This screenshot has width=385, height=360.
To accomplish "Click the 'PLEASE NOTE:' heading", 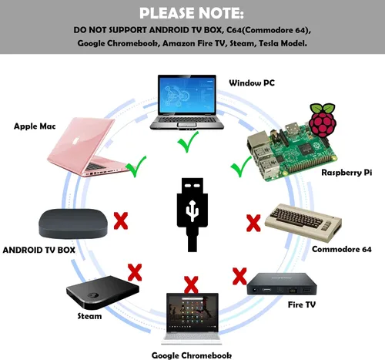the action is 192,13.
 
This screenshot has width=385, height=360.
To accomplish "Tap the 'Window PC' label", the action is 252,82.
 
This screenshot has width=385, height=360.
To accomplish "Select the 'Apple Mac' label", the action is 35,126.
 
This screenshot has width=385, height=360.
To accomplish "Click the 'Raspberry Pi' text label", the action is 346,173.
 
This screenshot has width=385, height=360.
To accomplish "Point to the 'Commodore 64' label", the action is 342,249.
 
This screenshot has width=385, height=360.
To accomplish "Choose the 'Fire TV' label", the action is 302,304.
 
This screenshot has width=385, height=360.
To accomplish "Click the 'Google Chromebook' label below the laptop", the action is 192,355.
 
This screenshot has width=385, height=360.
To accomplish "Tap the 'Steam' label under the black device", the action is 89,316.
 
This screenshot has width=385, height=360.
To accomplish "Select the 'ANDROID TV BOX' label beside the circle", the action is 38,250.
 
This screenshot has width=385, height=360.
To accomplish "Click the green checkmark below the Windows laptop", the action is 188,142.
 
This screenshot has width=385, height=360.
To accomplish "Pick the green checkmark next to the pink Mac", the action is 136,167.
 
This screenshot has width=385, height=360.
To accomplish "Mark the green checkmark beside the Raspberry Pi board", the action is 241,167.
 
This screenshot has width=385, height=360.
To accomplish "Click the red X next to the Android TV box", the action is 121,220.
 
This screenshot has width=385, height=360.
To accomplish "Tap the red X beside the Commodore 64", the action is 253,223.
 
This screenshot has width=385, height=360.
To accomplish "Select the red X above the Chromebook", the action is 191,284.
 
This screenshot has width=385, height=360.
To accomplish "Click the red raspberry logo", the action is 323,120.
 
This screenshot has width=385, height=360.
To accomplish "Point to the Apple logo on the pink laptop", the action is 75,141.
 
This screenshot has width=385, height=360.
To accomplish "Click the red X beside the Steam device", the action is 135,272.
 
